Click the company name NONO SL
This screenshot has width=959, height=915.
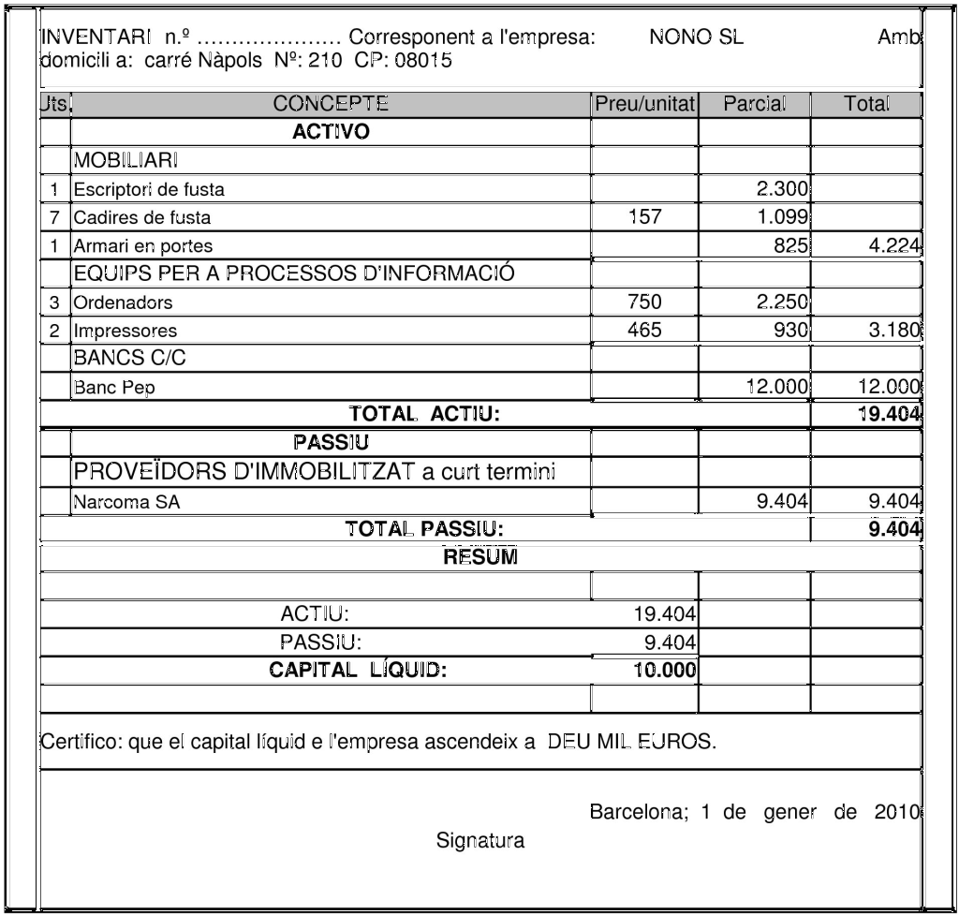coord(696,38)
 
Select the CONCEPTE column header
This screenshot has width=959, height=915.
coord(331,104)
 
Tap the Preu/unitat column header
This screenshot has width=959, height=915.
coord(644,104)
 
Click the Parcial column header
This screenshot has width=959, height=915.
coord(755,104)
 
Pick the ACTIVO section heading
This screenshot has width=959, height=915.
coord(331,132)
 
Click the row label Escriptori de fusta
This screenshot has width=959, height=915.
coord(150,189)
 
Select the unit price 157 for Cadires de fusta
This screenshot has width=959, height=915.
coord(644,218)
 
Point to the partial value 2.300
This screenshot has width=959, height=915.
coord(782,189)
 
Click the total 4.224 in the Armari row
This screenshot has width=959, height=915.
coord(893,247)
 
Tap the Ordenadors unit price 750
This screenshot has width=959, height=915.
coord(644,303)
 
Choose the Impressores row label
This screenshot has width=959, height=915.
coord(125,331)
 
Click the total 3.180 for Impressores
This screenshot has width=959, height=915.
coord(893,331)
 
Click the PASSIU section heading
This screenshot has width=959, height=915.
coord(331,441)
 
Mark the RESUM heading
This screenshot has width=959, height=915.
coord(480,557)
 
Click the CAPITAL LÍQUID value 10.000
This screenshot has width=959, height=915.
coord(664,670)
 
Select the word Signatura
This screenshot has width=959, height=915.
coord(480,841)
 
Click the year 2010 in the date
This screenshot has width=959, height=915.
coord(897,811)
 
